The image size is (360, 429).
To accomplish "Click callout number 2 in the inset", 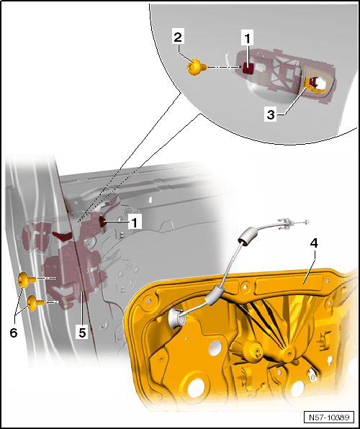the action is coord(178,37).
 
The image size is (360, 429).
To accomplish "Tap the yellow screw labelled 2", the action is coord(197,67).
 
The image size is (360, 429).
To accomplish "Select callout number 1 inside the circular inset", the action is coord(248,38).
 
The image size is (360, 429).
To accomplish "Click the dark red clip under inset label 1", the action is coord(248,68).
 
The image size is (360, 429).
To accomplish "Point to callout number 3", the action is coord(271,115).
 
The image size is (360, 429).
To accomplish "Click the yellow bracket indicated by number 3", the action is coord(315,85).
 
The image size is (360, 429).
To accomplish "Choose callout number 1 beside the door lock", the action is coord(134,222).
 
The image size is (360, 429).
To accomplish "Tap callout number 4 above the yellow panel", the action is coord(314,243).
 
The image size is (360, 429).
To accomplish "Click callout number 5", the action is coord(82,333).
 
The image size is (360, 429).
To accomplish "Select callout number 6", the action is coord(14,333).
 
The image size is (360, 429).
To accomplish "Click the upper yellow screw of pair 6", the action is coord(27,279).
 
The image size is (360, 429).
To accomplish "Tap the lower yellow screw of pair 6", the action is coord(35,302).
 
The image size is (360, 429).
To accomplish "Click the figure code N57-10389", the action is coord(329,417).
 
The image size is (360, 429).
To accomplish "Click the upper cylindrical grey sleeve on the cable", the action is coord(248,235).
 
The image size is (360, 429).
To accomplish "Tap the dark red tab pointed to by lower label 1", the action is coord(103,222).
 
